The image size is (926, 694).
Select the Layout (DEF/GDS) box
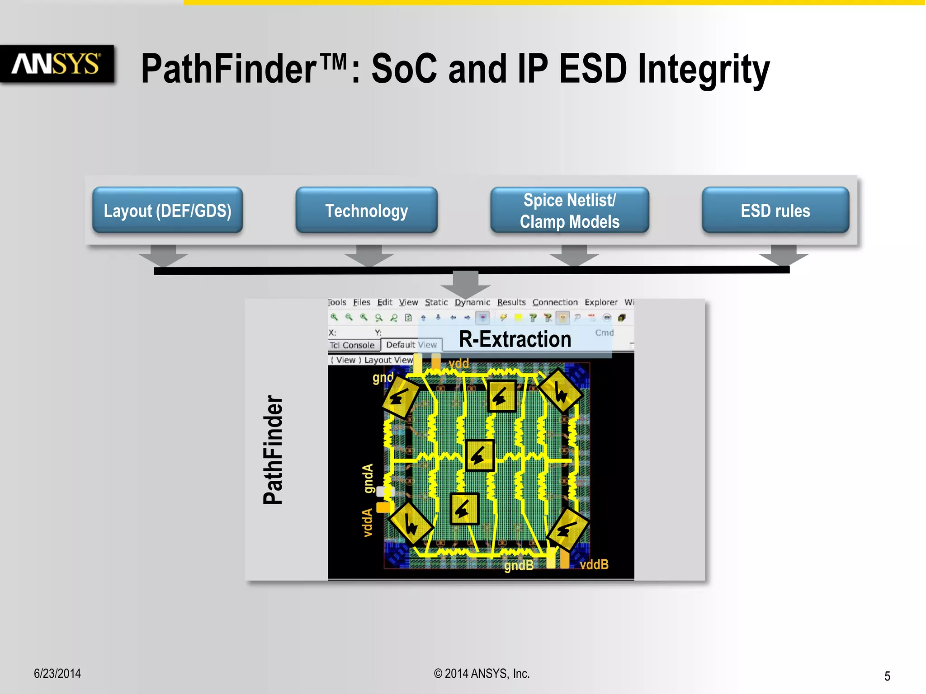coord(167,211)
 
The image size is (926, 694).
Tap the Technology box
coord(366,211)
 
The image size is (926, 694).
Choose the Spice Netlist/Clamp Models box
coord(569,211)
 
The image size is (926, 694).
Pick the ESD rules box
coord(775,211)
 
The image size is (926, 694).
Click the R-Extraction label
coord(515,339)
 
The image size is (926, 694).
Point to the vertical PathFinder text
coord(273,449)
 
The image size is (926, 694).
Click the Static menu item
coord(436,302)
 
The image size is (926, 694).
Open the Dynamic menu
coord(472,302)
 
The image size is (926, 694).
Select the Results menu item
coord(511,302)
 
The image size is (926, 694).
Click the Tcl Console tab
coord(352,345)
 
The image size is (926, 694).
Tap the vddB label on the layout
coord(594,564)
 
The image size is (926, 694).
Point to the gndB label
coord(519,565)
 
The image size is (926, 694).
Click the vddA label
coord(368,523)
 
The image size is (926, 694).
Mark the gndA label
coord(369,478)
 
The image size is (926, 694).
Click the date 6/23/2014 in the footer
coord(57,674)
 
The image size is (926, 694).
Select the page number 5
coord(887,676)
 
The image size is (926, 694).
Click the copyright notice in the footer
coord(482,674)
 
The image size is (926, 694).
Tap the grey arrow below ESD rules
coord(783,255)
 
